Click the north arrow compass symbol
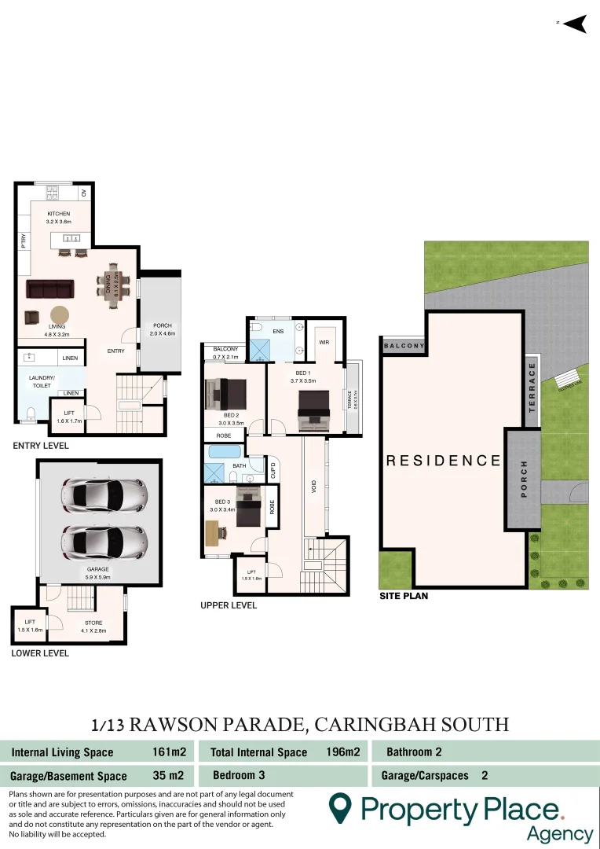click(x=576, y=24)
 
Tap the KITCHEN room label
click(x=59, y=214)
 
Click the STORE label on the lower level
click(x=93, y=623)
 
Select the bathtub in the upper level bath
click(x=225, y=454)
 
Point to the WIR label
click(x=324, y=342)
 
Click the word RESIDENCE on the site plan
click(x=443, y=461)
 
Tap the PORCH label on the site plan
click(x=524, y=480)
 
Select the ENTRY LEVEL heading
click(x=41, y=446)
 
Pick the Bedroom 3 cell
click(x=238, y=775)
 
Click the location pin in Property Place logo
click(x=339, y=807)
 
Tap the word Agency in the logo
click(x=559, y=834)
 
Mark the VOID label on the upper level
click(x=313, y=487)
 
